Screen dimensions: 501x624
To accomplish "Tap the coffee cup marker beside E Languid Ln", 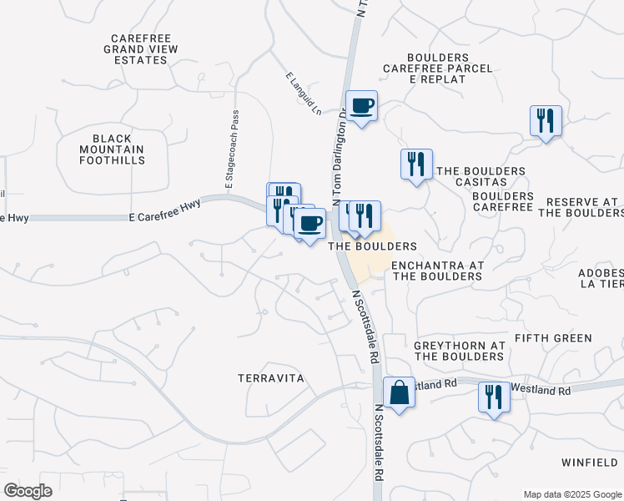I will [x=362, y=106].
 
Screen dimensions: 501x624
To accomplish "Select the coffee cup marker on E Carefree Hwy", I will [x=309, y=223].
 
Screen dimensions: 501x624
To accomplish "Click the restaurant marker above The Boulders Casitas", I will [x=416, y=164].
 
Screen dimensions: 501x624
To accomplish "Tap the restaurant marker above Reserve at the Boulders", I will [x=546, y=120].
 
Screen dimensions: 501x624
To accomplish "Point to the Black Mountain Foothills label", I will [x=118, y=149].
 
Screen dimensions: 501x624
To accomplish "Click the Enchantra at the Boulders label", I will [x=438, y=271].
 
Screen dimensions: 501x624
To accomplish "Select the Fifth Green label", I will [x=553, y=338].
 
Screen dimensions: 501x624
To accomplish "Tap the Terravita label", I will [x=270, y=378].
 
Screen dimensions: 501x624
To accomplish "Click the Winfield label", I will [x=590, y=462].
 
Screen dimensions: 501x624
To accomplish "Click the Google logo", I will [x=27, y=490].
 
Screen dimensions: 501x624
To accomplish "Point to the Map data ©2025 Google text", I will [x=571, y=493].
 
